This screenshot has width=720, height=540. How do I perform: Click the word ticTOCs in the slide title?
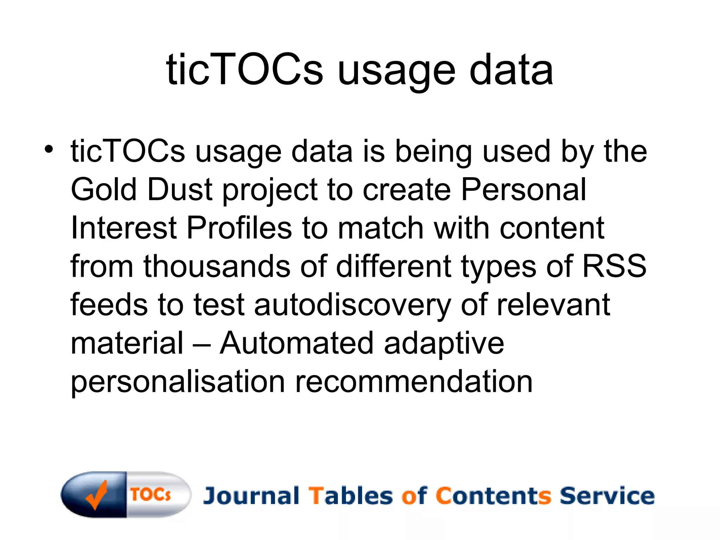click(x=244, y=69)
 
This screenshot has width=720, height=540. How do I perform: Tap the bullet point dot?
click(x=49, y=149)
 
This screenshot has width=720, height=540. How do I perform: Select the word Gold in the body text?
click(x=103, y=189)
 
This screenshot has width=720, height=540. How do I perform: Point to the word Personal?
click(x=523, y=189)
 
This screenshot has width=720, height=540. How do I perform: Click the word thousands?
click(x=217, y=266)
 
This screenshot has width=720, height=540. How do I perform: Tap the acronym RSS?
click(x=614, y=266)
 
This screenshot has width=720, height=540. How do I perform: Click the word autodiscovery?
click(x=352, y=305)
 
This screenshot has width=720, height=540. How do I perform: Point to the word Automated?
click(x=296, y=343)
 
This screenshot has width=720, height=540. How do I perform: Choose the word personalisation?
click(x=178, y=382)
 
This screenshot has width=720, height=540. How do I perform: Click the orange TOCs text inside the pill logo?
click(x=151, y=494)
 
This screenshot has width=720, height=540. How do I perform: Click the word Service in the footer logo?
click(x=607, y=496)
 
